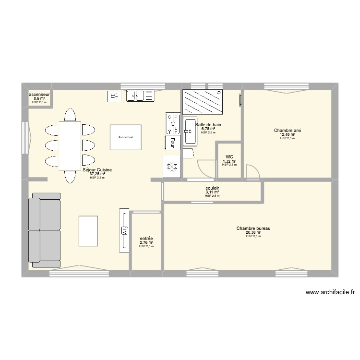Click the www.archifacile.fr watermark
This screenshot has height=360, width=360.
pyautogui.click(x=329, y=292)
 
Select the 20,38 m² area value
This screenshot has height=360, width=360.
pyautogui.click(x=253, y=232)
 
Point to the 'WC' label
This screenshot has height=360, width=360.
pyautogui.click(x=229, y=157)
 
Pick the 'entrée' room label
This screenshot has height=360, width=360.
pyautogui.click(x=146, y=238)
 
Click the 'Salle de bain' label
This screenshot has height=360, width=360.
pyautogui.click(x=208, y=124)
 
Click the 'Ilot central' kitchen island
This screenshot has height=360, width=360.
pyautogui.click(x=126, y=138)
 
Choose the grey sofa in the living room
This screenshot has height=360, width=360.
pyautogui.click(x=45, y=230)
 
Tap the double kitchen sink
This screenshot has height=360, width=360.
pyautogui.click(x=141, y=96)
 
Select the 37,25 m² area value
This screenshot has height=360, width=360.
pyautogui.click(x=97, y=174)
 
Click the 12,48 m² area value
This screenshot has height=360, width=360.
pyautogui.click(x=288, y=134)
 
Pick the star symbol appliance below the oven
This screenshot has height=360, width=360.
pyautogui.click(x=171, y=166)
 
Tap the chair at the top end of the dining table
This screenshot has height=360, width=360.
pyautogui.click(x=70, y=115)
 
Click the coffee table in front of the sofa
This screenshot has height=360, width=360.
pyautogui.click(x=88, y=230)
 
